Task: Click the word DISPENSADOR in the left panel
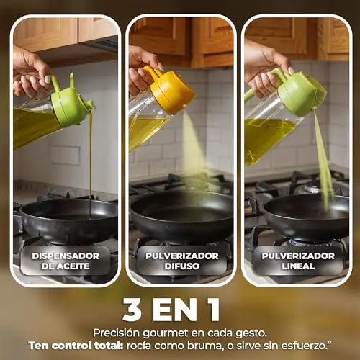click(x=66, y=256)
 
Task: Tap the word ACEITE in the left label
click(x=72, y=266)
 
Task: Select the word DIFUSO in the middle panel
click(x=182, y=266)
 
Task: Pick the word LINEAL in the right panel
click(x=298, y=266)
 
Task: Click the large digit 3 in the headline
click(x=132, y=310)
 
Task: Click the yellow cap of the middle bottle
click(x=171, y=90)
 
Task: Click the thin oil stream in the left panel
click(x=90, y=166)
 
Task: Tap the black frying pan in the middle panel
click(x=181, y=216)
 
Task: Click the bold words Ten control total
click(x=76, y=346)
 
